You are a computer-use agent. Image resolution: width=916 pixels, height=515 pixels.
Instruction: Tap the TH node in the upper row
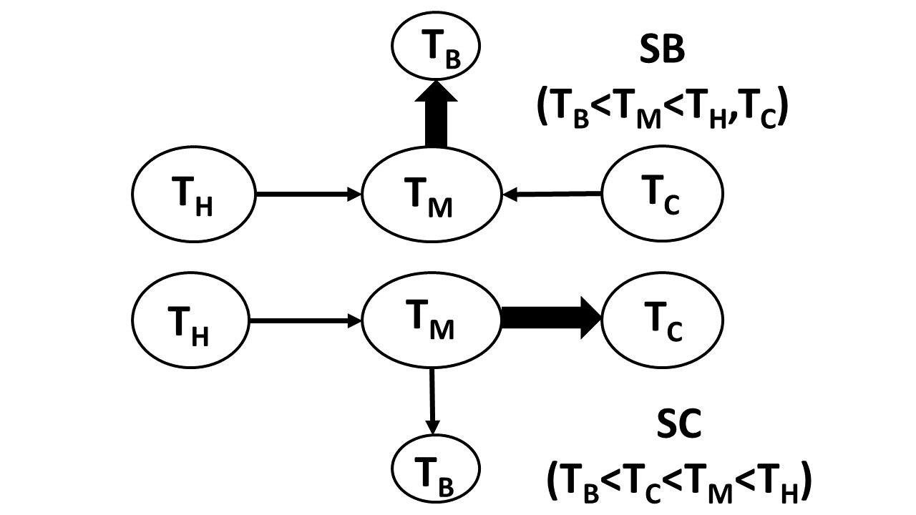(194, 193)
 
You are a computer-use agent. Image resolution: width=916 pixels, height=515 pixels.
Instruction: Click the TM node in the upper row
(431, 193)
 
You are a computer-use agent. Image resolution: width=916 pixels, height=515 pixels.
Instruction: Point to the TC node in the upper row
(663, 193)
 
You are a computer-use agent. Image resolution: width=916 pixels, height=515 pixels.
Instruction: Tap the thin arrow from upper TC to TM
(551, 193)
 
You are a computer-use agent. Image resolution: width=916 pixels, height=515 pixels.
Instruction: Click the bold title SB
(662, 54)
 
